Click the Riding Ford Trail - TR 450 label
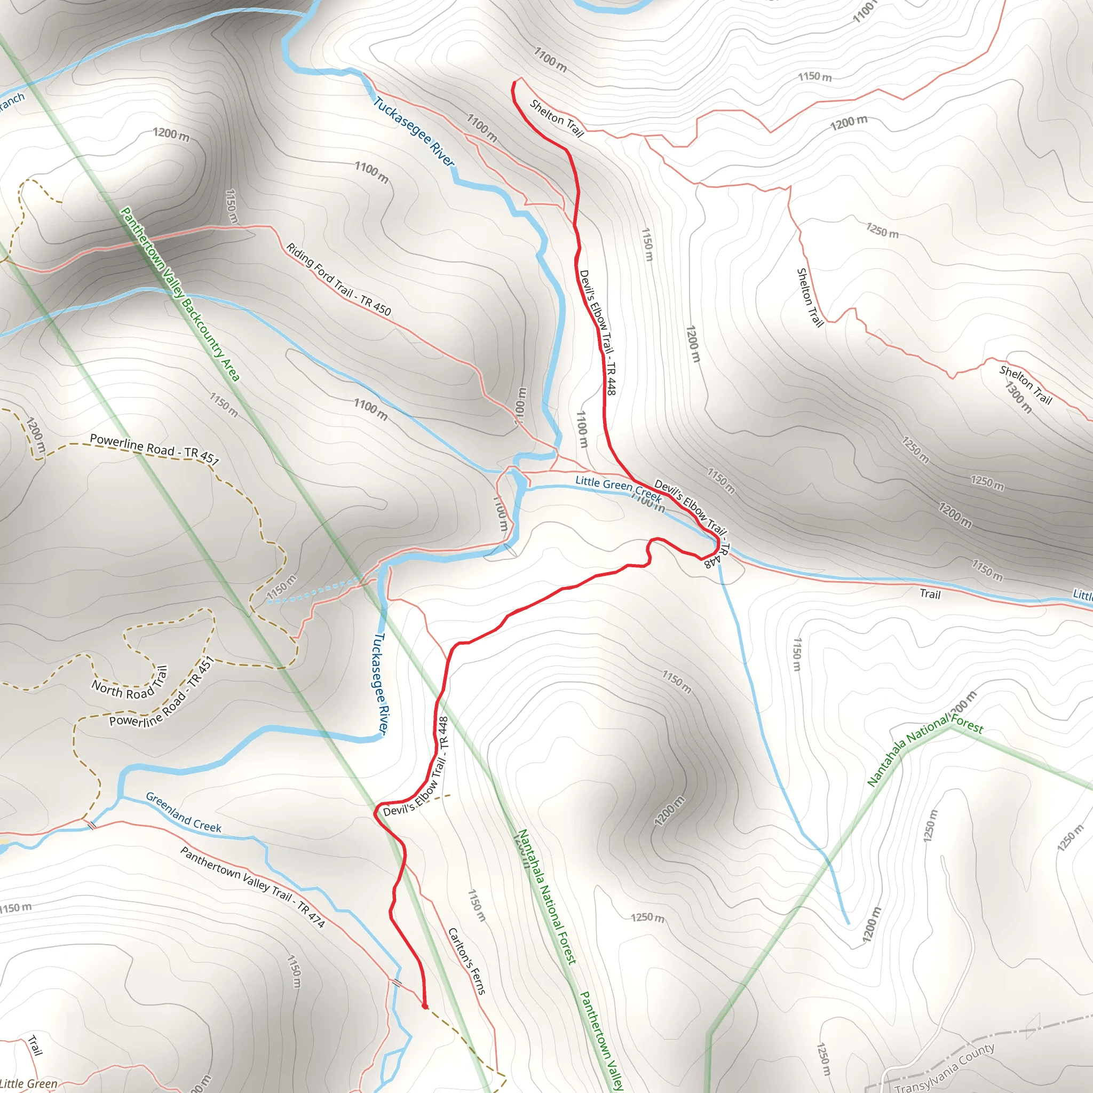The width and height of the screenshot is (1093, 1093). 338,279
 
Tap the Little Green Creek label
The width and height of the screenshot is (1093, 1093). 618,488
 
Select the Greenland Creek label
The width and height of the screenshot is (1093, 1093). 183,812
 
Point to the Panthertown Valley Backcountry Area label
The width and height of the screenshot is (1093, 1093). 180,294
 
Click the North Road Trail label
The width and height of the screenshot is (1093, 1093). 130,683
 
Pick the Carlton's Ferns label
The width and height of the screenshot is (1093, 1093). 467,961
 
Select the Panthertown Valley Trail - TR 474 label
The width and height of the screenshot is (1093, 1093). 252,887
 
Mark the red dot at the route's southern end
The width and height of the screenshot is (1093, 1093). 425,1006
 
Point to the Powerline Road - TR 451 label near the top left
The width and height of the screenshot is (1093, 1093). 154,449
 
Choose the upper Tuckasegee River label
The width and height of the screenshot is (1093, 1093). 414,131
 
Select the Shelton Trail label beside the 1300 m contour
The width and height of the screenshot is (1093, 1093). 1025,385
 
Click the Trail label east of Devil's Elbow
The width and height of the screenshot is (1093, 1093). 930,594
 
